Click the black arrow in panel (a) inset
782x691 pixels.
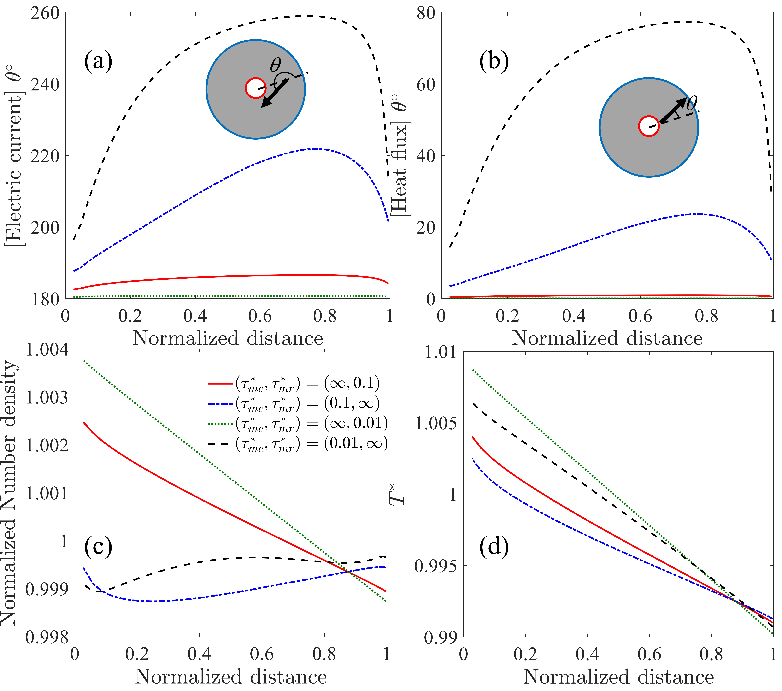pos(275,93)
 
